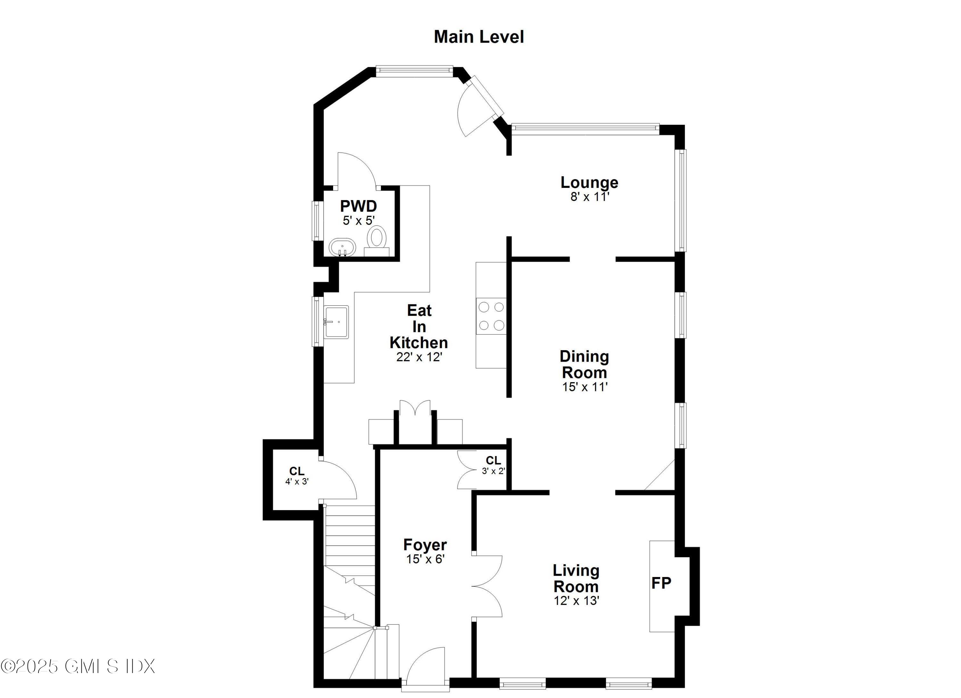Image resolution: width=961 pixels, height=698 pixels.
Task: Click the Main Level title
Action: pos(479,37)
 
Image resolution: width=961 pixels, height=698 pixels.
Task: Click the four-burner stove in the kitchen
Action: pos(491,316)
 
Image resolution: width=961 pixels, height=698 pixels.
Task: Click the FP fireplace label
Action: pos(661,583)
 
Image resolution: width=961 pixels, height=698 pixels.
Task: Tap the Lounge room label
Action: pos(589,182)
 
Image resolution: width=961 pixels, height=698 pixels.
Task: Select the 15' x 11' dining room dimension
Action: pos(585,387)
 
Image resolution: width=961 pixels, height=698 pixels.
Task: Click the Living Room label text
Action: pos(576,579)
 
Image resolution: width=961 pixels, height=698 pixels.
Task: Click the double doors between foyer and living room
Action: pos(487,586)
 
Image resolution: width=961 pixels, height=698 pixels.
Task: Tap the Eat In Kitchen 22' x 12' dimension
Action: pos(419,357)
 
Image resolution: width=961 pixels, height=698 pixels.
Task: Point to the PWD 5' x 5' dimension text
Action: pos(358,221)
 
